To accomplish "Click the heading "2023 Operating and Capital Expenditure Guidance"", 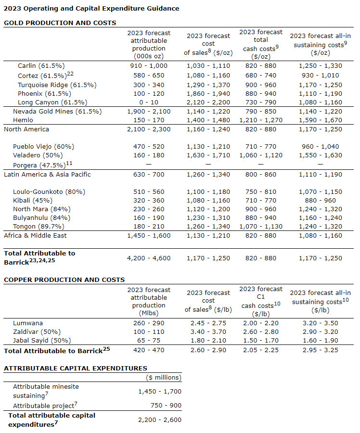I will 91,8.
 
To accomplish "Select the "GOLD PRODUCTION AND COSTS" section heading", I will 60,23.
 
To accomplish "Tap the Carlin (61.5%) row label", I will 41,66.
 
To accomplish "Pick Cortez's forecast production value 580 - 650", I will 149,75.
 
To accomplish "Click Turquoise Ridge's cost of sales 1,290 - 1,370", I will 208,84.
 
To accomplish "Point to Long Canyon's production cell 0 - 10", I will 149,102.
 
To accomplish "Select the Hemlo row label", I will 23,120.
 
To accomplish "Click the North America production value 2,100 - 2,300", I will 149,129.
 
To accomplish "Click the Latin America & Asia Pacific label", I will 47,174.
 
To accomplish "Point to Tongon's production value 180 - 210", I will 149,227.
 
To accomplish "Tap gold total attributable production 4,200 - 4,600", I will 149,258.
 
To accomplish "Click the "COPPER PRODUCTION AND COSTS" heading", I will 64,280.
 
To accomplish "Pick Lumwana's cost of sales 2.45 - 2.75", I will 208,323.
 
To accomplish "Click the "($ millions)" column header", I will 164,378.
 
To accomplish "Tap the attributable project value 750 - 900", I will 160,405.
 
